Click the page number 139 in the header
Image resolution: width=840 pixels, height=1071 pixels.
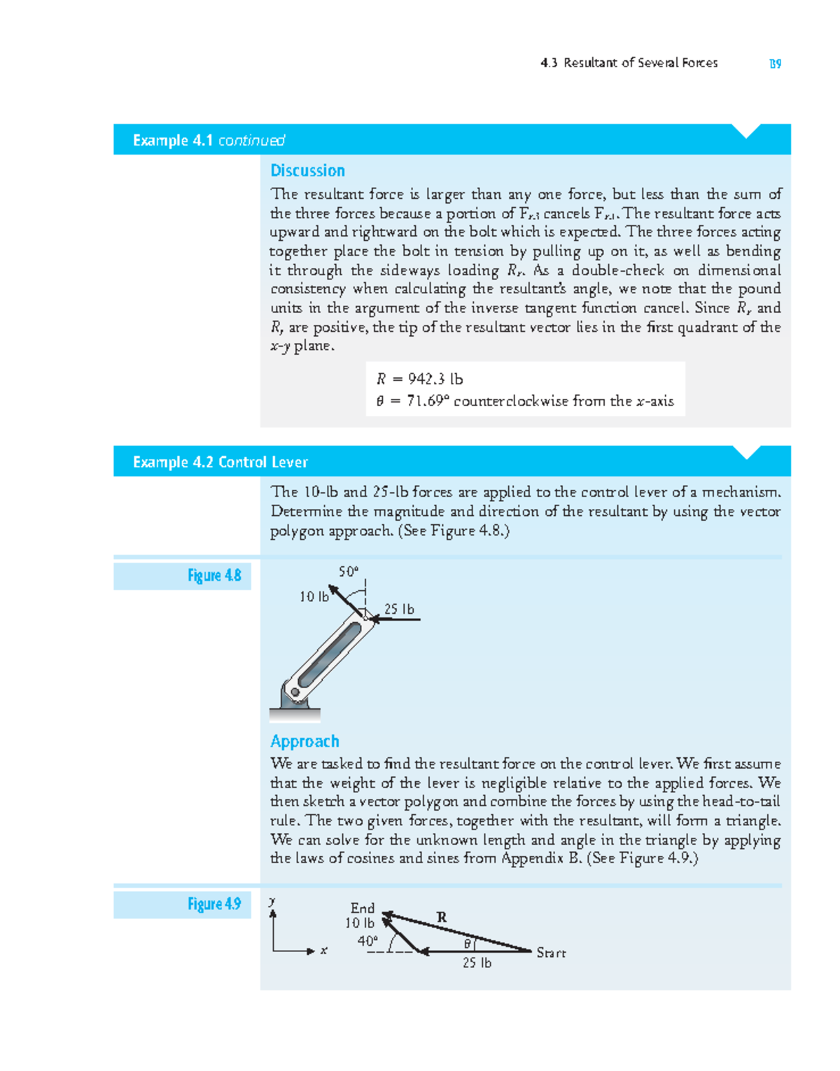[775, 64]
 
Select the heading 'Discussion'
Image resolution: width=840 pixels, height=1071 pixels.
[307, 171]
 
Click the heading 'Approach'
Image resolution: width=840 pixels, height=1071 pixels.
[304, 741]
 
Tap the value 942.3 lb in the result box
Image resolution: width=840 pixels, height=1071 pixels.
[435, 379]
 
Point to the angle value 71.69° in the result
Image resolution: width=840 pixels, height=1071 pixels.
[428, 401]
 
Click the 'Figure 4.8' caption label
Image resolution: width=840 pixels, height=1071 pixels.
[214, 575]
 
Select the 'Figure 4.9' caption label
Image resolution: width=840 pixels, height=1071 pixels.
[214, 904]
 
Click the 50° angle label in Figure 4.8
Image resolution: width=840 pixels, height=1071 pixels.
[348, 571]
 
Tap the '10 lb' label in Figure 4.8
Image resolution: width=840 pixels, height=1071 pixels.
[313, 597]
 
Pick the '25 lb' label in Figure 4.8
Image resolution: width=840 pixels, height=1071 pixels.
[399, 609]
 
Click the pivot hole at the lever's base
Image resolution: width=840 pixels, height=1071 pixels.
[296, 693]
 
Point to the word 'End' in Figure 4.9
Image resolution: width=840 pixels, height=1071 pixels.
[363, 908]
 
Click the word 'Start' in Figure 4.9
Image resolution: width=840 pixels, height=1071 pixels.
[551, 953]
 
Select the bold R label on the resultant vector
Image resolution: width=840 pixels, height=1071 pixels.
[442, 917]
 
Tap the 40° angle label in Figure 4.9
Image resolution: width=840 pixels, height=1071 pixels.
[367, 941]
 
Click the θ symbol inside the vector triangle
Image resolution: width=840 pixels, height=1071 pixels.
[468, 944]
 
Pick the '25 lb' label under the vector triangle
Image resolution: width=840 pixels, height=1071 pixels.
[477, 963]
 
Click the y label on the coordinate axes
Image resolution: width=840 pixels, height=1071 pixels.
[272, 902]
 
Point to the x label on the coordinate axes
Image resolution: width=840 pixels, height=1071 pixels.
[323, 951]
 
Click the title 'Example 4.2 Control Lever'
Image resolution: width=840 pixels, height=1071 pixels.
[220, 462]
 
